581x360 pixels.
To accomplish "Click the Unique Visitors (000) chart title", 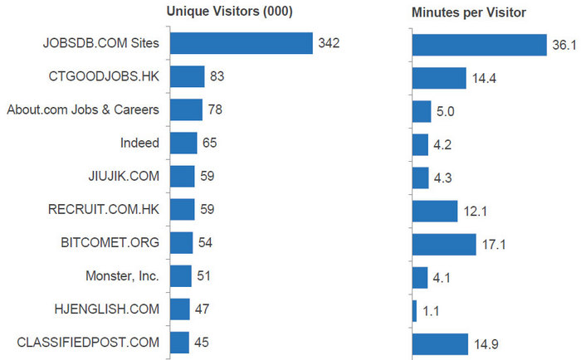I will pyautogui.click(x=229, y=12).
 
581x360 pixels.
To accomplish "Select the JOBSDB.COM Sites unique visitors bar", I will pyautogui.click(x=241, y=43).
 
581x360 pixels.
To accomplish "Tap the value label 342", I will pyautogui.click(x=329, y=43).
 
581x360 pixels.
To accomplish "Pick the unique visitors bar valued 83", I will pyautogui.click(x=187, y=76).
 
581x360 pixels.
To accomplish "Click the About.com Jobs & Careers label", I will pyautogui.click(x=83, y=109).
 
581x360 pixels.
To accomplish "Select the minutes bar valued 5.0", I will pyautogui.click(x=422, y=110).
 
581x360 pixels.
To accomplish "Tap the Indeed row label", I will pyautogui.click(x=139, y=143).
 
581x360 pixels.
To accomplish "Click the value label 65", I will pyautogui.click(x=209, y=143).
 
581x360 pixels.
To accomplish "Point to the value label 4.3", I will pyautogui.click(x=443, y=178).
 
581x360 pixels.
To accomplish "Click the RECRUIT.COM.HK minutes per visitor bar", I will pyautogui.click(x=435, y=211).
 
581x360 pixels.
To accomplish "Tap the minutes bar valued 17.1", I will pyautogui.click(x=444, y=244).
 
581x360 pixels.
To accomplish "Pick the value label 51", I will pyautogui.click(x=203, y=275).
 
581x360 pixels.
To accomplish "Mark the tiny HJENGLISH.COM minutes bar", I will pyautogui.click(x=414, y=310).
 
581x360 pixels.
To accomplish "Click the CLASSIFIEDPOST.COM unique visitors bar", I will pyautogui.click(x=179, y=342).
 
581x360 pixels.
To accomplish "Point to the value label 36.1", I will pyautogui.click(x=564, y=45).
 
